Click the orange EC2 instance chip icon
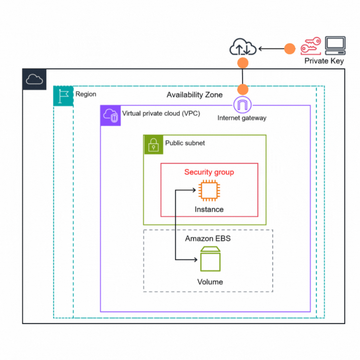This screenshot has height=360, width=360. click(209, 190)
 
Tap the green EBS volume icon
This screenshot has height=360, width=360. click(210, 259)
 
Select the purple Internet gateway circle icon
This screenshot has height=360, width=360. click(242, 105)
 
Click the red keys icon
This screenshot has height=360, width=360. click(311, 46)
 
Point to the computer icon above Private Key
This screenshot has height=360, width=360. click(335, 45)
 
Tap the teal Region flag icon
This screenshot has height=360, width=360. click(63, 96)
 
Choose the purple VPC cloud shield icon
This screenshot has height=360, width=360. click(110, 115)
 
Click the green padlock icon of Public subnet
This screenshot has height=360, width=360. click(153, 145)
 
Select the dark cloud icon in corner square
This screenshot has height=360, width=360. click(35, 79)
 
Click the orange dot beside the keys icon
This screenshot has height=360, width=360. click(290, 49)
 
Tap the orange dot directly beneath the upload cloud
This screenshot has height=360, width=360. click(242, 63)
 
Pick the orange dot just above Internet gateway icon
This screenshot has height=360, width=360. click(242, 89)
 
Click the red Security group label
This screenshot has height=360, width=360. click(209, 172)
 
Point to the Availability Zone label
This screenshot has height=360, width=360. click(195, 95)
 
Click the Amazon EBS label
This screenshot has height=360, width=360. click(208, 238)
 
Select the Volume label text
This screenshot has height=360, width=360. click(210, 282)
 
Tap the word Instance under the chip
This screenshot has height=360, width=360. click(209, 210)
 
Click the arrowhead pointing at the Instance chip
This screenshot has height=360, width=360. click(194, 190)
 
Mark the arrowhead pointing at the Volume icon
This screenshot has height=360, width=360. click(195, 260)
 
